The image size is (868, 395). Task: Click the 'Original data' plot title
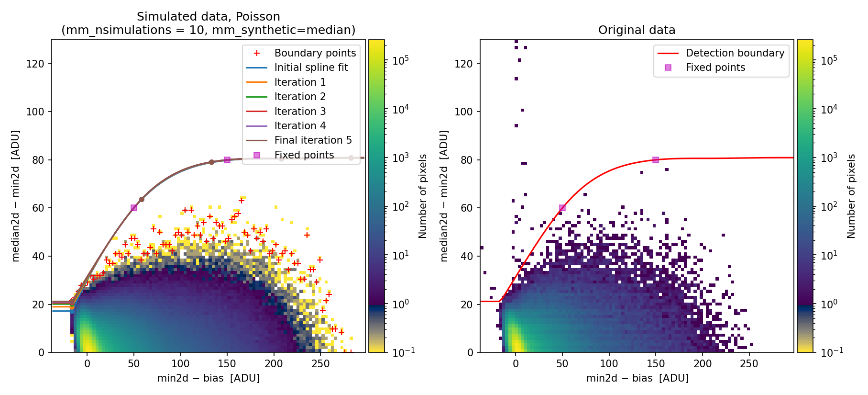coord(637,30)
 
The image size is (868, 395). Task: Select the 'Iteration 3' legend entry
coord(300,112)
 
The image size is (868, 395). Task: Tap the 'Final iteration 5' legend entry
coord(313,140)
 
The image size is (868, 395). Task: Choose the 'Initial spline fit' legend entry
coord(311,68)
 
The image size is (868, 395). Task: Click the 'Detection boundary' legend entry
coord(735,53)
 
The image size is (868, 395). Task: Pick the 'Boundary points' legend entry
coord(315,53)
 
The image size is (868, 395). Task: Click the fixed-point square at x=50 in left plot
coord(134,208)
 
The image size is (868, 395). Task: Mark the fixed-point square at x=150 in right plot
coord(656,160)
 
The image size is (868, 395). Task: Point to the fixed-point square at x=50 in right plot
coord(562,208)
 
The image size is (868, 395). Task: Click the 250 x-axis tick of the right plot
coord(749,364)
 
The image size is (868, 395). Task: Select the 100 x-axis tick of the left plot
coord(180,364)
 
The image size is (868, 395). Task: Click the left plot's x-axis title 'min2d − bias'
coord(209,378)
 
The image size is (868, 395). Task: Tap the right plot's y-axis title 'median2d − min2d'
coord(444,196)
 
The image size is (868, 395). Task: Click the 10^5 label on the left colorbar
coord(400,60)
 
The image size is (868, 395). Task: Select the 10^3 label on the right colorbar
coord(829,158)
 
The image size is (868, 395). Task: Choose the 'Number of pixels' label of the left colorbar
coord(423,196)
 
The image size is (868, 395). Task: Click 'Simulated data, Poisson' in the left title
coord(209,17)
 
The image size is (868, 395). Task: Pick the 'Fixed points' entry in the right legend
coord(715,68)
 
